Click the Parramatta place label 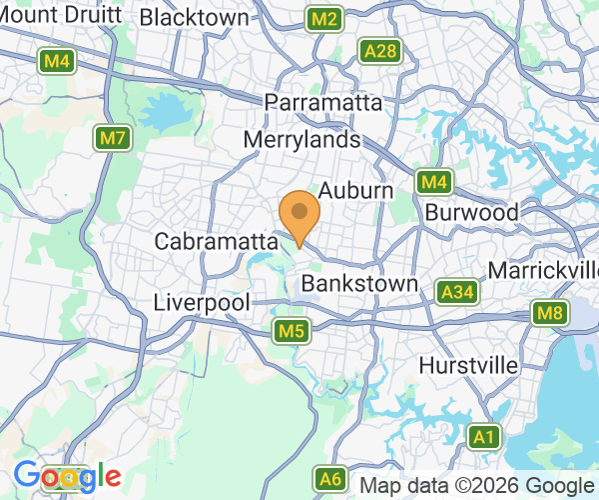(x=323, y=103)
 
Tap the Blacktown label (x=195, y=17)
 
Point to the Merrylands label (x=300, y=141)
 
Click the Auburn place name (x=354, y=189)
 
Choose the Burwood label (x=471, y=212)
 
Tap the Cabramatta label (x=215, y=241)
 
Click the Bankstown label (x=359, y=284)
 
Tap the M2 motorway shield (x=324, y=19)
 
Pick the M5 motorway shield (x=291, y=330)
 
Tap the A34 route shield (x=455, y=292)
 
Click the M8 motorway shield (x=549, y=314)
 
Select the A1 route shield (x=484, y=437)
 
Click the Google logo (x=67, y=476)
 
